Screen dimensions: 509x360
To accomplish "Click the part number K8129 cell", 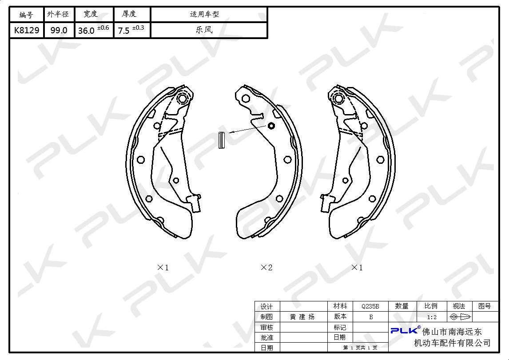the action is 27,31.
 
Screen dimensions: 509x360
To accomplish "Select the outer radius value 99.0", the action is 59,31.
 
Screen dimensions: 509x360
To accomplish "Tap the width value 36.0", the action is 86,31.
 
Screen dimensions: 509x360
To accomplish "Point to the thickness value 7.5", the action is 123,31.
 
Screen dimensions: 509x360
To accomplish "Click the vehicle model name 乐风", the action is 204,30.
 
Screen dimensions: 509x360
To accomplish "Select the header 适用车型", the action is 204,14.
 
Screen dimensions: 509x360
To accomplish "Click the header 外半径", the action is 58,14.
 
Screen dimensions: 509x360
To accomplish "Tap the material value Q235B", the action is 370,306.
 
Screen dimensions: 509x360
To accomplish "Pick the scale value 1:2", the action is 432,317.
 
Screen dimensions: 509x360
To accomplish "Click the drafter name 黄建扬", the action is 302,317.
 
